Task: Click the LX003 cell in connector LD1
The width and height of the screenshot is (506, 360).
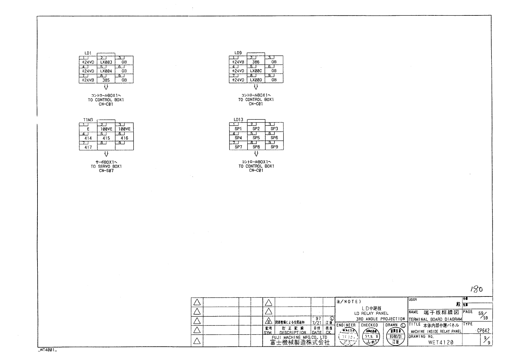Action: point(106,62)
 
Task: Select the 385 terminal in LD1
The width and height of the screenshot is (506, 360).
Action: point(106,80)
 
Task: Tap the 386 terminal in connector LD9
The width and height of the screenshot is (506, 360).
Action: point(256,62)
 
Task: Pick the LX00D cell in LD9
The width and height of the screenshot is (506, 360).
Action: point(256,80)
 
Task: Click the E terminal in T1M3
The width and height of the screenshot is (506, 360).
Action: point(88,129)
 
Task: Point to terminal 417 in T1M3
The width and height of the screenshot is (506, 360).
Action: point(88,147)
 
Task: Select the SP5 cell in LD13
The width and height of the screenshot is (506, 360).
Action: point(256,138)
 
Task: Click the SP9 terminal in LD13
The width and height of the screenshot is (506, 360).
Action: point(274,147)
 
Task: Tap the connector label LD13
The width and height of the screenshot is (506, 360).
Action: point(238,119)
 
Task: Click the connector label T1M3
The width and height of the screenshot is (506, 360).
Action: point(88,120)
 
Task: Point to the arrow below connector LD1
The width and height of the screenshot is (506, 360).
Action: point(106,87)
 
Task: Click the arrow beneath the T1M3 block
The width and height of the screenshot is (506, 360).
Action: point(106,154)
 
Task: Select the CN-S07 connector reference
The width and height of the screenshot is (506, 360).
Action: point(106,171)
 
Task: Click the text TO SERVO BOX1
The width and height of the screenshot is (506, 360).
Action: point(106,166)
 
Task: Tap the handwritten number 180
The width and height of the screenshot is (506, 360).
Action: point(477,289)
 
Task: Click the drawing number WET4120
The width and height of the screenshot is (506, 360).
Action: point(441,342)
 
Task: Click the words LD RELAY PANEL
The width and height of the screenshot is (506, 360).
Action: point(371,313)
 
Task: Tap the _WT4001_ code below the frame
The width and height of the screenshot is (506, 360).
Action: point(47,350)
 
